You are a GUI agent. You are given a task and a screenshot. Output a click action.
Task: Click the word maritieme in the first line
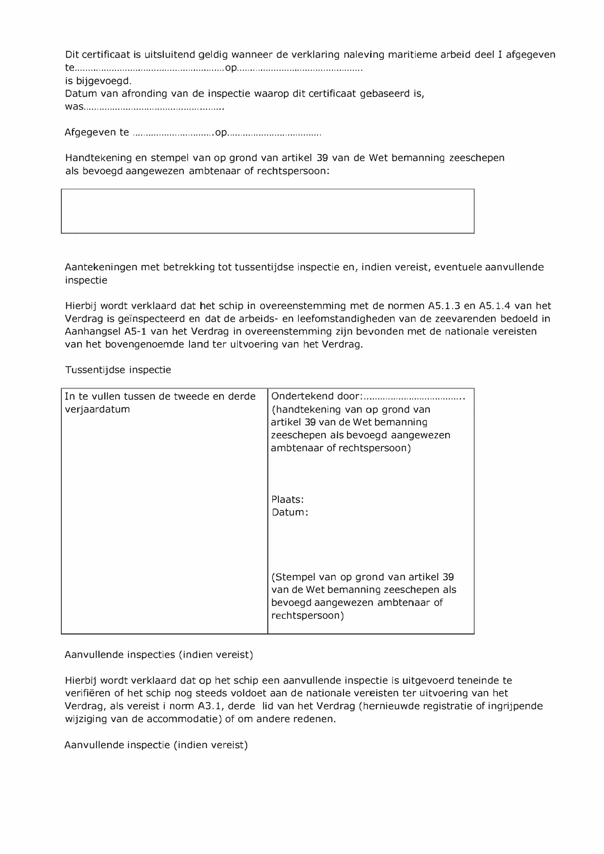click(412, 55)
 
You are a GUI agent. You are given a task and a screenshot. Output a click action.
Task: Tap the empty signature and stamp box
click(268, 211)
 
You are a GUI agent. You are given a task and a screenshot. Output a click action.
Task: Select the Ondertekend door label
click(317, 396)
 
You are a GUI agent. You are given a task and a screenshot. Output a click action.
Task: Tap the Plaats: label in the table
click(288, 499)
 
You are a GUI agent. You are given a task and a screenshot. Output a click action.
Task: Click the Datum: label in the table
click(290, 512)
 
